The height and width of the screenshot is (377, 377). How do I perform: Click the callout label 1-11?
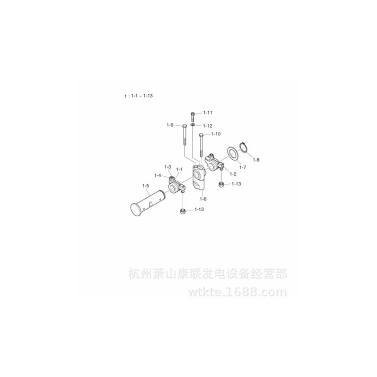pos(208,113)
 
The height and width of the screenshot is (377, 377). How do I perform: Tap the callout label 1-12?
pos(208,126)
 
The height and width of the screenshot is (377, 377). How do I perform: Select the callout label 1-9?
pos(170,125)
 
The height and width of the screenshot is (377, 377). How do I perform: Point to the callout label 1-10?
pos(216,134)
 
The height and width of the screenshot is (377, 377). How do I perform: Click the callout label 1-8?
pos(256,160)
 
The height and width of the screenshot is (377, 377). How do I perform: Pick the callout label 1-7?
pos(243,167)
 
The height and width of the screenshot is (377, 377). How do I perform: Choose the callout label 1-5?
pos(146,186)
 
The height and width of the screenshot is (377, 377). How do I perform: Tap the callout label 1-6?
pos(203,199)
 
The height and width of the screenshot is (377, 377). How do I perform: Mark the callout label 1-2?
pos(233,174)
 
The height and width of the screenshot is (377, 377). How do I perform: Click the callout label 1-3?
pos(168,167)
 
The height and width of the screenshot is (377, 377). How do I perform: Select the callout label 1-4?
pos(157,175)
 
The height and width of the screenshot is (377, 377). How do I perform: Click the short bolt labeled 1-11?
pos(193,116)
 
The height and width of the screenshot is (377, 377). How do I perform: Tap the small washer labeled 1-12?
pos(193,125)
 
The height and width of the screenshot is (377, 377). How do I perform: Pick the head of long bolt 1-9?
pos(184,126)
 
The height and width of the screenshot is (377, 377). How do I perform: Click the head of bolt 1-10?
pos(201,135)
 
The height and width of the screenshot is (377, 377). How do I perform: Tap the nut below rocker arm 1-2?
pos(221,185)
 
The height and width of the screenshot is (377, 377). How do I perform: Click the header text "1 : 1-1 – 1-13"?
pos(139,96)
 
